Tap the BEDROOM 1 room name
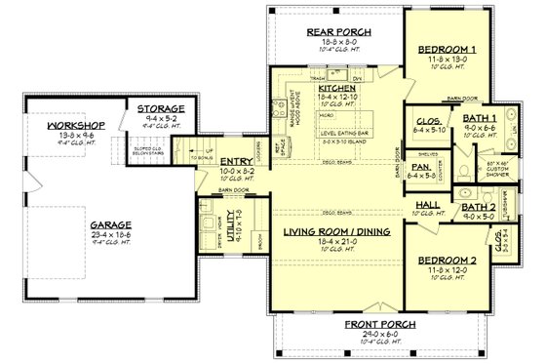(447, 49)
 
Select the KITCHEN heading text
(338, 88)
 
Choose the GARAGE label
(87, 221)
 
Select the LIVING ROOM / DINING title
(332, 231)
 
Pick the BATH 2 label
(479, 207)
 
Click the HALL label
(426, 205)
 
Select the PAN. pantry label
(421, 168)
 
